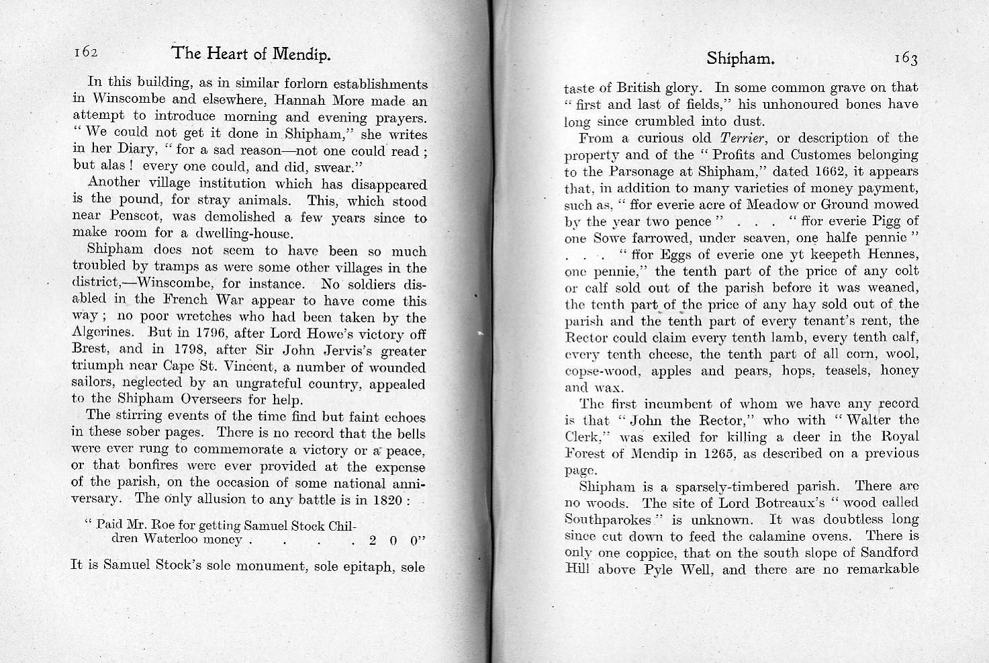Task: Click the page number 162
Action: (87, 52)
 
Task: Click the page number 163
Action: (905, 59)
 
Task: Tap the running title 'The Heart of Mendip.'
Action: (251, 54)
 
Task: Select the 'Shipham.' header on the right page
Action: (741, 58)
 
